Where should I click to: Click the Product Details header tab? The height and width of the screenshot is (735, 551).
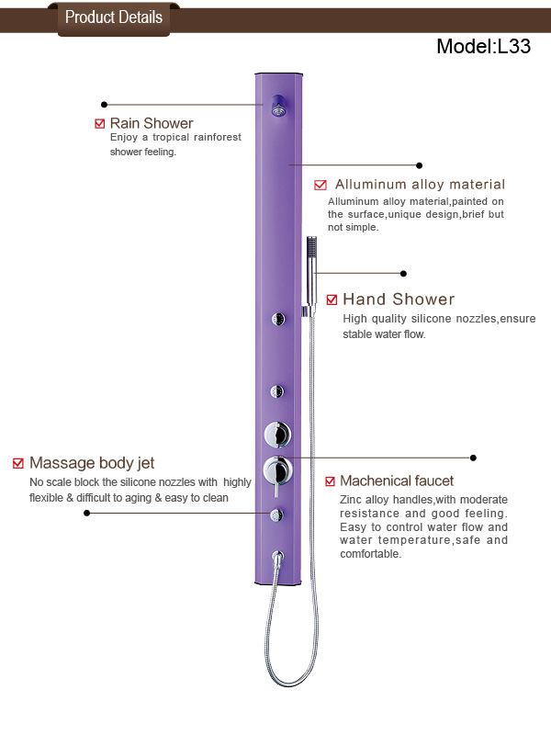(x=114, y=18)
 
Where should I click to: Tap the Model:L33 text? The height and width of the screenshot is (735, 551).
(x=484, y=47)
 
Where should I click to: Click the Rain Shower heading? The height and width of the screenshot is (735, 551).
(x=152, y=123)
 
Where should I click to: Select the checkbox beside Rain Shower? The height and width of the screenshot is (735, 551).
(x=100, y=124)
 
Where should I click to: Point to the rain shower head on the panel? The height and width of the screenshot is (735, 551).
(x=279, y=106)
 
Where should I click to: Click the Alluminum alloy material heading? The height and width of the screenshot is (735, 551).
(x=421, y=185)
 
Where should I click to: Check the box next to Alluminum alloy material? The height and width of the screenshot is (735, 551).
(x=320, y=185)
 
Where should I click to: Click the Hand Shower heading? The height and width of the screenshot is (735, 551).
(x=399, y=300)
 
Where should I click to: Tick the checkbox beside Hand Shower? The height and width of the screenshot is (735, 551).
(x=332, y=300)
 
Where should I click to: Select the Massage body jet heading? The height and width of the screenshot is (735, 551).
(x=92, y=463)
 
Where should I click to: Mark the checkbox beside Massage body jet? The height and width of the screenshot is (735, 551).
(x=18, y=463)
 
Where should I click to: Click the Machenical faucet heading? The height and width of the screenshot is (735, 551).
(x=397, y=481)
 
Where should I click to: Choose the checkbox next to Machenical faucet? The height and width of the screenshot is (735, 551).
(x=330, y=481)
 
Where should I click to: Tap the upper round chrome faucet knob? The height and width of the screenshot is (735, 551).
(x=277, y=435)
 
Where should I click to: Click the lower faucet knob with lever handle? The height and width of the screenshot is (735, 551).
(x=278, y=471)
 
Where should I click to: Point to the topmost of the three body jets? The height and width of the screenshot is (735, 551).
(x=278, y=319)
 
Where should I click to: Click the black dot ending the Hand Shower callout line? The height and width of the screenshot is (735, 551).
(x=403, y=273)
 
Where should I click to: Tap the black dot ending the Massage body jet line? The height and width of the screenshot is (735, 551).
(x=86, y=514)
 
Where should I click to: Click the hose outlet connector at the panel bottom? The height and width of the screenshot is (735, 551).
(x=278, y=559)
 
